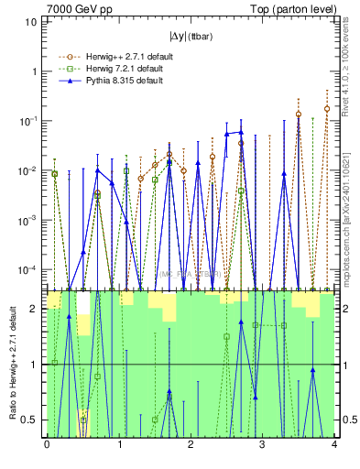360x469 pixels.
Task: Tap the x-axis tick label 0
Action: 47,445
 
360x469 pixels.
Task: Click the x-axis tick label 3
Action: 262,445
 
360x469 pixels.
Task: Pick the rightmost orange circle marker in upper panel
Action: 327,108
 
